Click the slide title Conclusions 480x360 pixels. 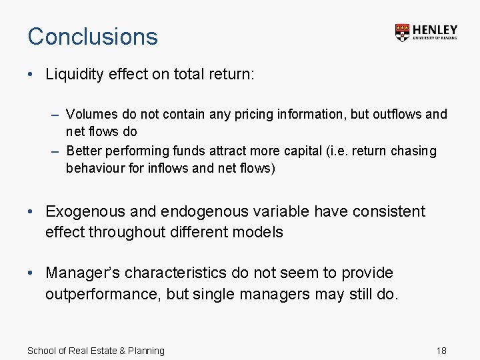coord(93,36)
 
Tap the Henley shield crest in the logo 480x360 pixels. coord(402,32)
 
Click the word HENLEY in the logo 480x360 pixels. coord(435,29)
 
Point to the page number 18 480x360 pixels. coord(441,351)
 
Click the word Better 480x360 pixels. coord(85,151)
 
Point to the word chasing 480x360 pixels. coord(413,151)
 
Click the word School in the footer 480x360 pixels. coord(41,351)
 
